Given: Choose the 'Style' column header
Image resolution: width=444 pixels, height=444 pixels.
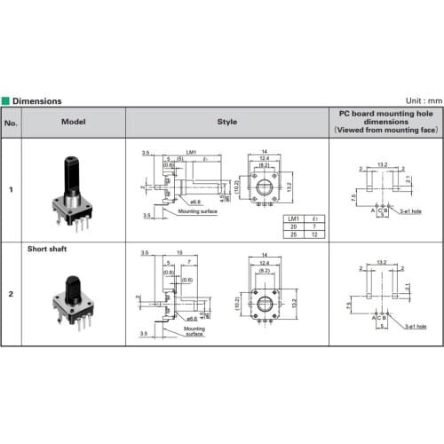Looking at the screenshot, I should tap(226, 123).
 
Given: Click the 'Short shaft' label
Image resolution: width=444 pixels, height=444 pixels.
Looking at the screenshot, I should tap(47, 250).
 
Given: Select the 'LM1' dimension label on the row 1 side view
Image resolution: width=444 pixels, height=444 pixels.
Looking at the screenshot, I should tap(191, 152).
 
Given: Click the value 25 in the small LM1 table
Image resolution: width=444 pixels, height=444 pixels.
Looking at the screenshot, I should tap(292, 234).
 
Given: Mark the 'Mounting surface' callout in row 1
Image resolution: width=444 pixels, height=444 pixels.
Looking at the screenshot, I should tap(198, 212).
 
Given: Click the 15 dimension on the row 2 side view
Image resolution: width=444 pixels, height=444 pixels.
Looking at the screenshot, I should tap(180, 254).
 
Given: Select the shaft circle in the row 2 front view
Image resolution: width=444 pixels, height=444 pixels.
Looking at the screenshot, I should tap(265, 306).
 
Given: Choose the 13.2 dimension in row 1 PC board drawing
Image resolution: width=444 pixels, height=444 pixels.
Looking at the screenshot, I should tap(383, 165).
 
